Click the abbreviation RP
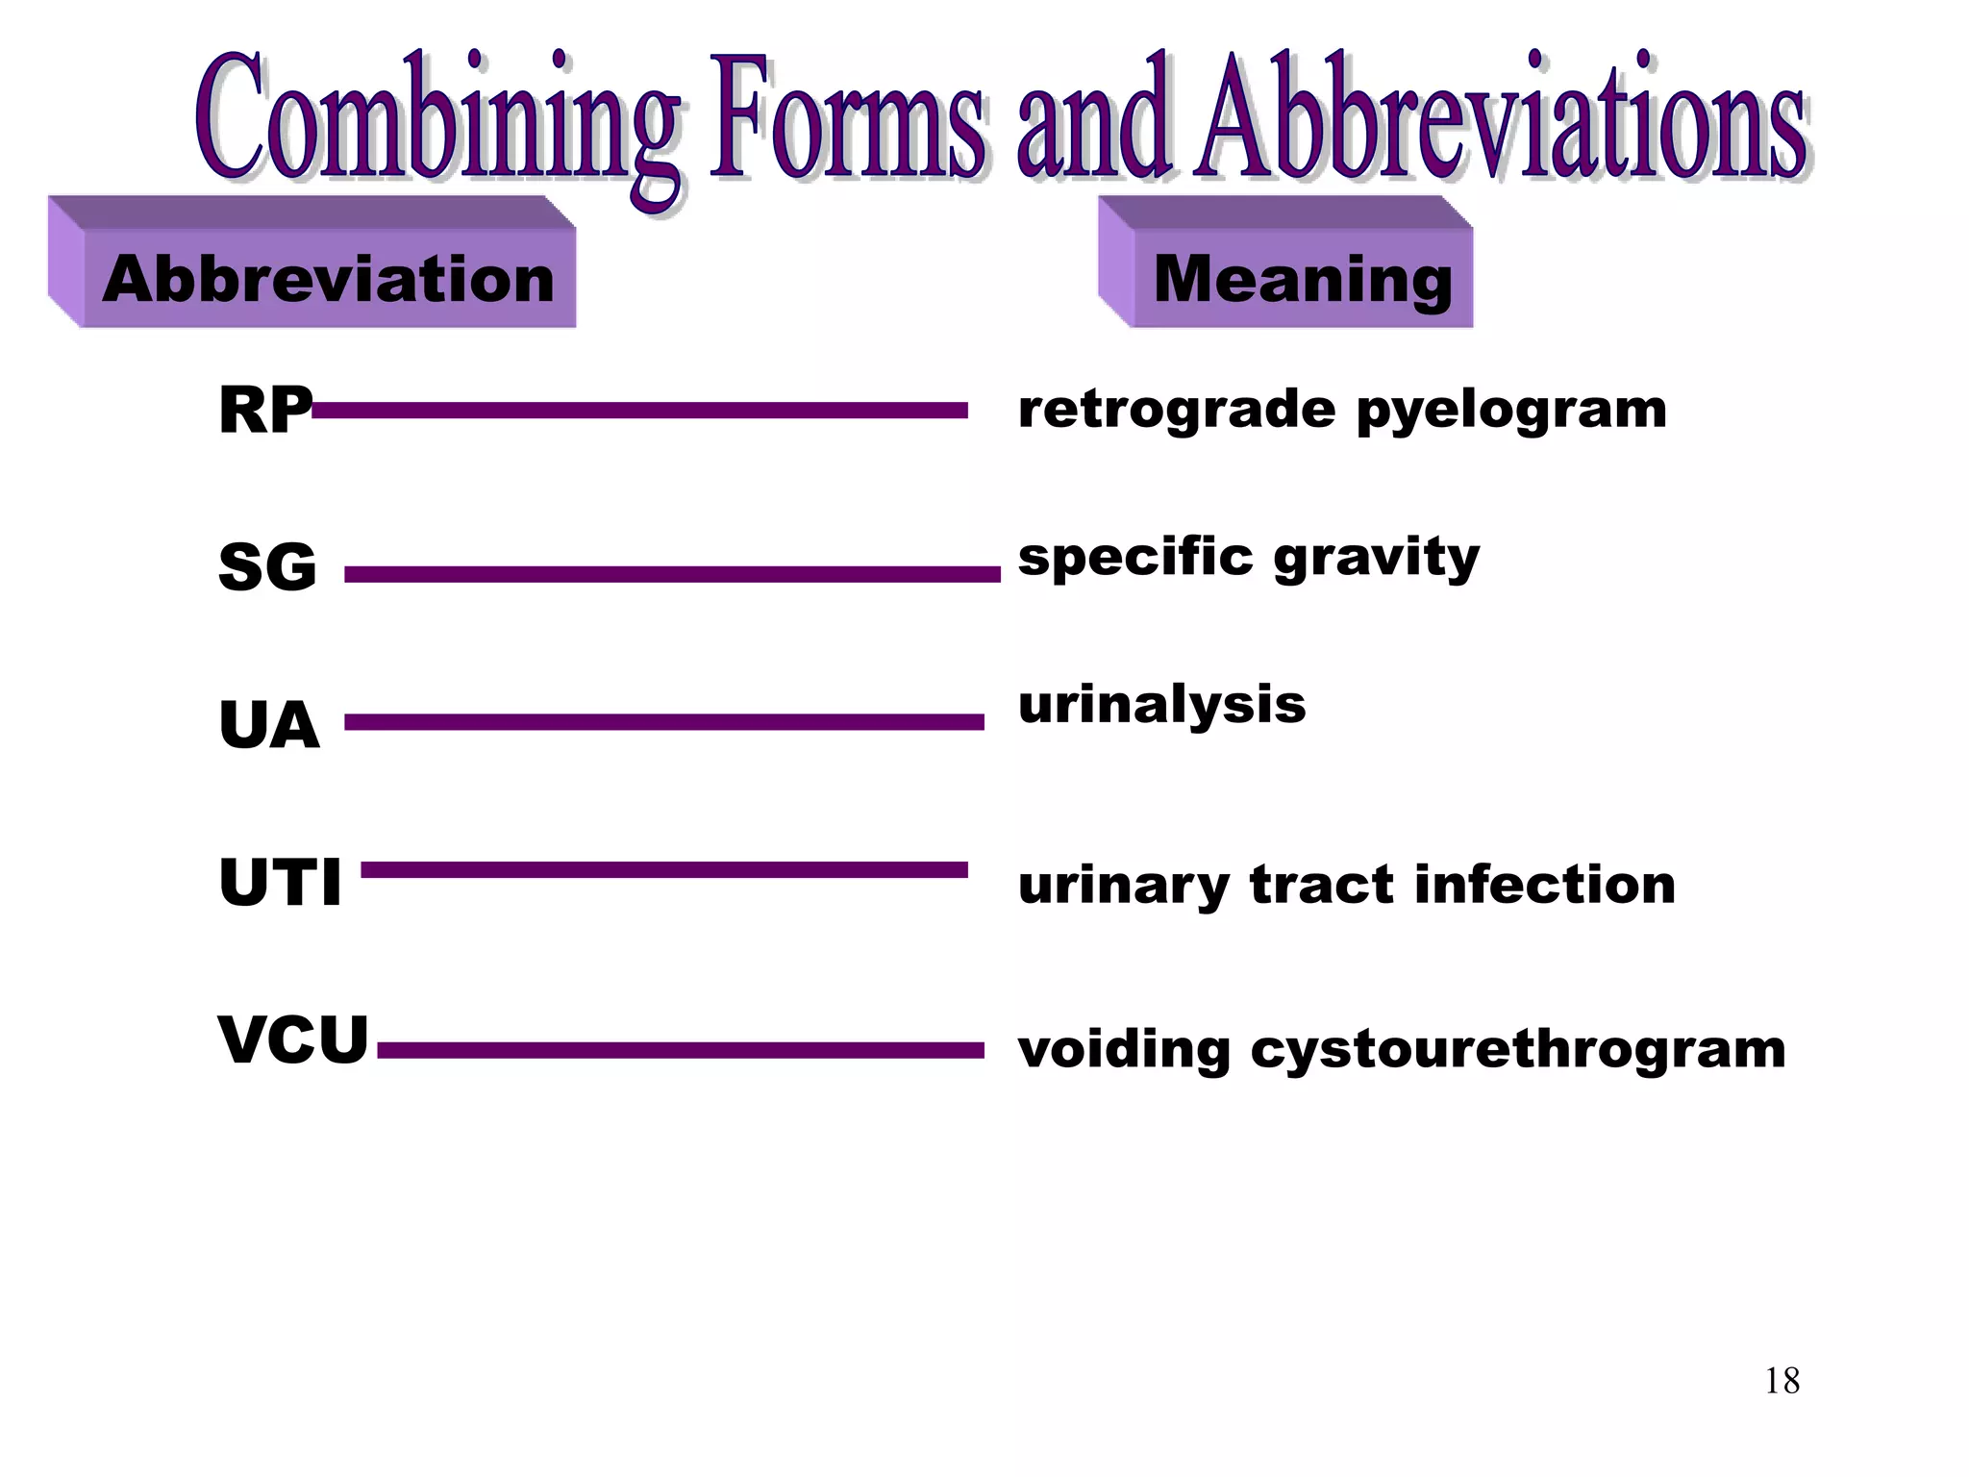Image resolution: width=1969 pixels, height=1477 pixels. click(264, 411)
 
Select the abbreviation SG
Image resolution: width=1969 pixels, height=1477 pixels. click(267, 567)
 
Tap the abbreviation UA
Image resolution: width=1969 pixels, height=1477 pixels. click(269, 725)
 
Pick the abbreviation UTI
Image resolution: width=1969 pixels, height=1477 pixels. click(280, 883)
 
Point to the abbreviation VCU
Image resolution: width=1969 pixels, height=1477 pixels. click(293, 1039)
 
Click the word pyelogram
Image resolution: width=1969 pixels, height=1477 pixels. click(1511, 412)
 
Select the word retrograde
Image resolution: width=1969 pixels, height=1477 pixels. click(1177, 412)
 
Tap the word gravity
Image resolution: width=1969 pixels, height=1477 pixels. click(1377, 559)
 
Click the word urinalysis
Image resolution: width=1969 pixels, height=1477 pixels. click(1161, 705)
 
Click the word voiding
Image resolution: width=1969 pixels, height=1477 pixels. click(1124, 1050)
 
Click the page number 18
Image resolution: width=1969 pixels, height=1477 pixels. click(1782, 1381)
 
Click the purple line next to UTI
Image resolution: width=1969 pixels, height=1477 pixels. click(663, 870)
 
